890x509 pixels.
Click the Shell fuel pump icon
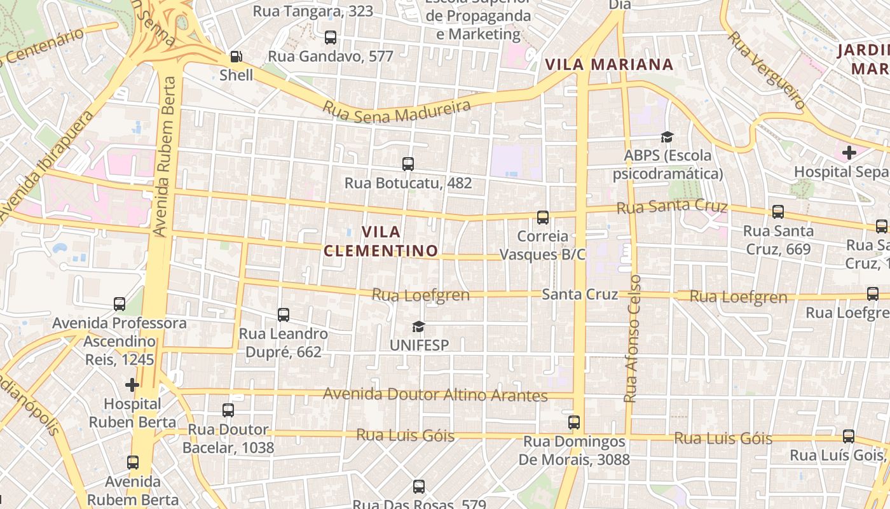click(236, 57)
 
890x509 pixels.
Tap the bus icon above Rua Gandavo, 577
click(331, 37)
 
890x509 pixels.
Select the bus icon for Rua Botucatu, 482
click(408, 164)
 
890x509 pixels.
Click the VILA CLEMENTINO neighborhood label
click(381, 241)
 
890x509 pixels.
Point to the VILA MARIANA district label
click(609, 64)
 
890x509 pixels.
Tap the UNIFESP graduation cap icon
click(418, 327)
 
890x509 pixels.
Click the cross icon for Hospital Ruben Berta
click(132, 385)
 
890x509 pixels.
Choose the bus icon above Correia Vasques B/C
click(543, 218)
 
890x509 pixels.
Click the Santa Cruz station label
click(580, 295)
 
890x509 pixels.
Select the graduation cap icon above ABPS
click(667, 137)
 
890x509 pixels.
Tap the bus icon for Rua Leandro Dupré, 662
click(284, 314)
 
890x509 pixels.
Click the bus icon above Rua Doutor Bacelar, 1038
click(228, 410)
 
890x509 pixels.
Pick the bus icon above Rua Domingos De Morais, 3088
click(574, 422)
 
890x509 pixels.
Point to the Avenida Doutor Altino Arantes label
click(435, 394)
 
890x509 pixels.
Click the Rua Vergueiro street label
click(767, 70)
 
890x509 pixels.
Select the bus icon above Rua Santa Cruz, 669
click(777, 212)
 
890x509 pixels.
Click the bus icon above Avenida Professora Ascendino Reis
click(120, 304)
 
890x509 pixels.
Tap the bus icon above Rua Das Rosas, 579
click(418, 487)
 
